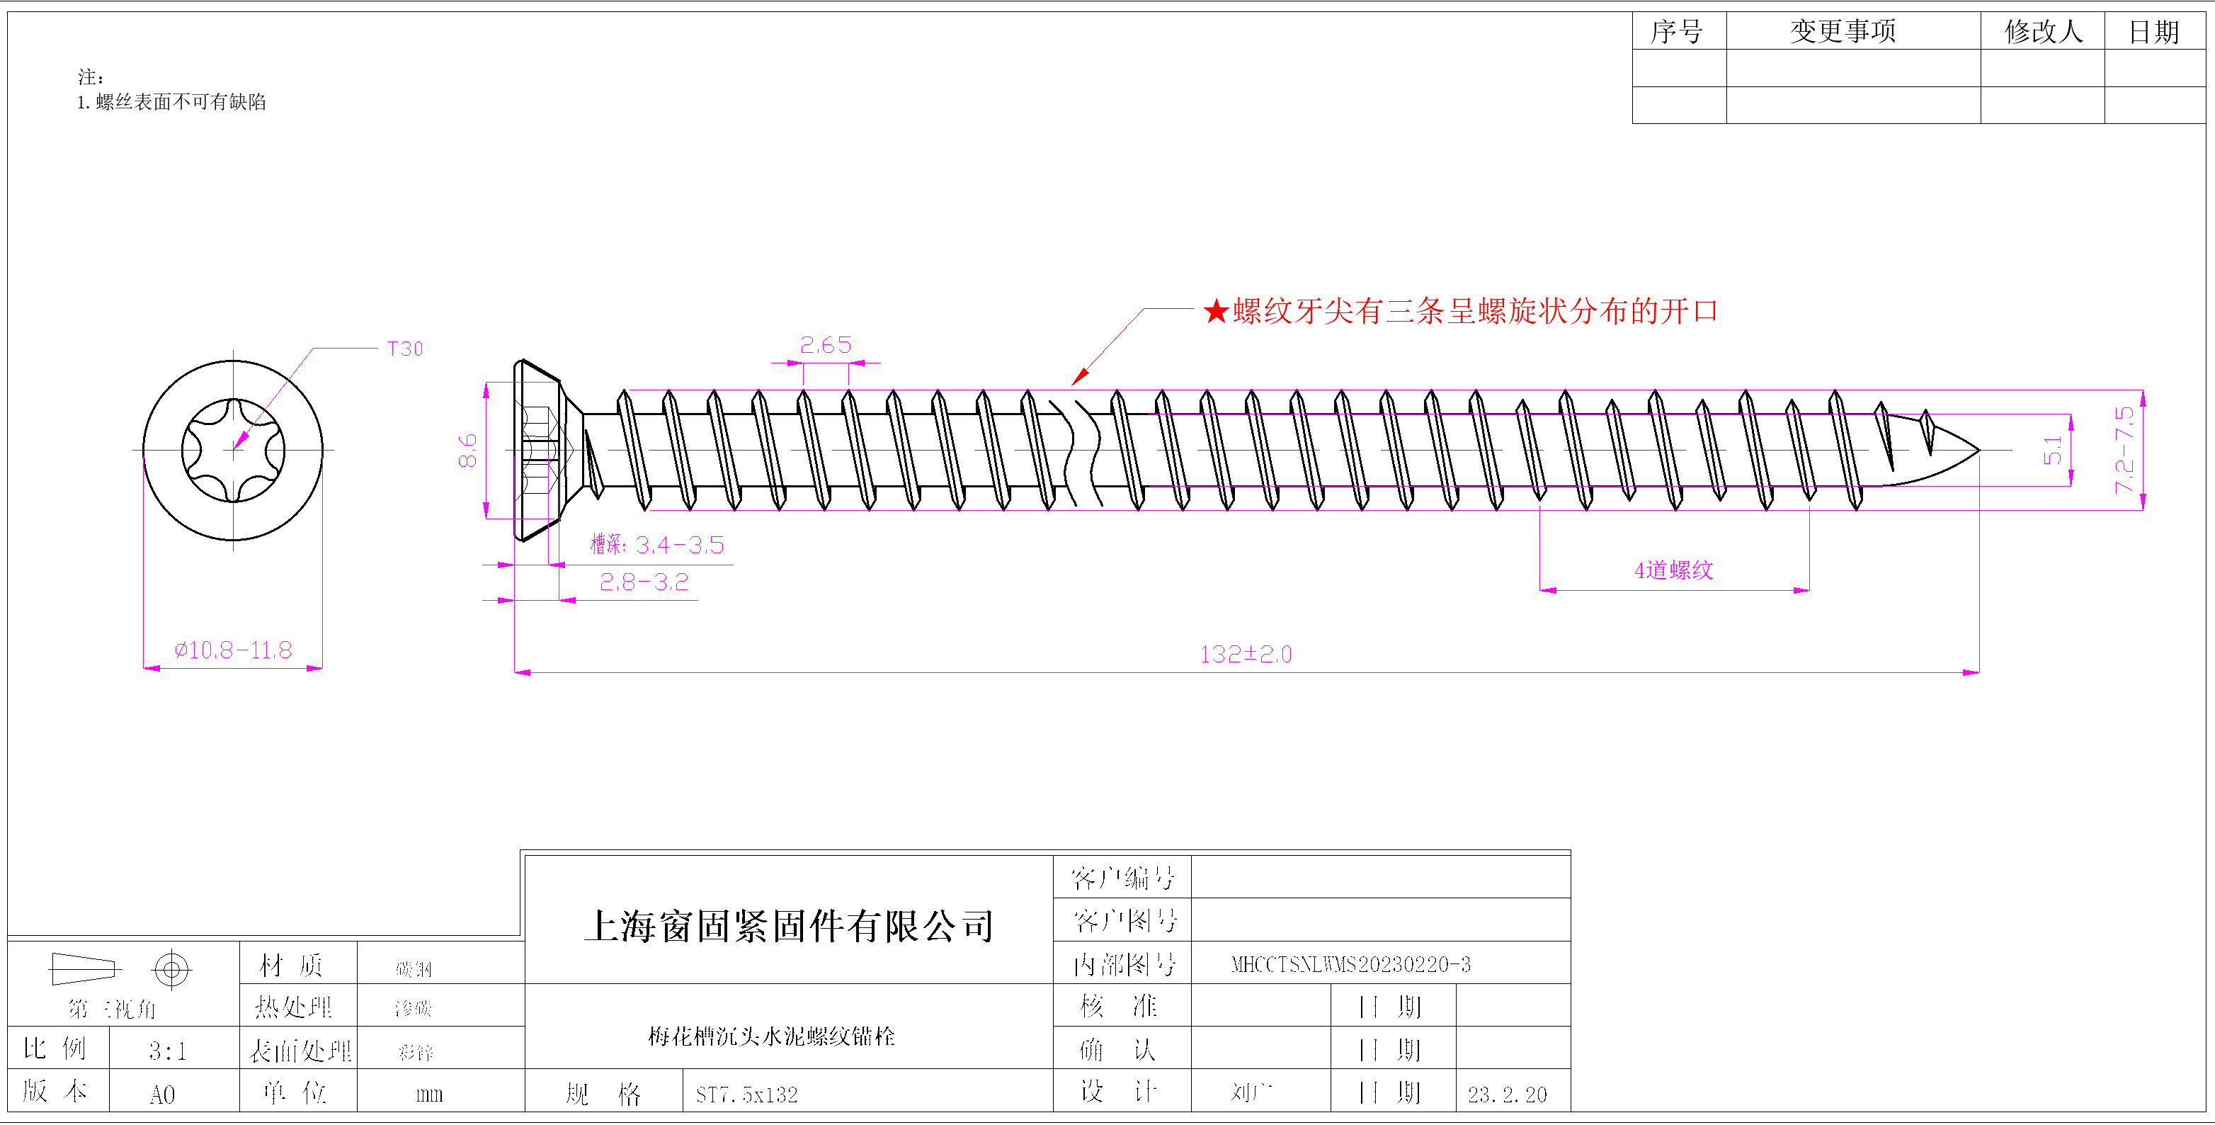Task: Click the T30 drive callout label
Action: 405,349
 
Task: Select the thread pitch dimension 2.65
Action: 826,345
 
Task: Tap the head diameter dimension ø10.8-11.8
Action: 233,650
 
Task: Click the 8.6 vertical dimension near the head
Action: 467,450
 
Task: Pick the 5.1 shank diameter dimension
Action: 2052,450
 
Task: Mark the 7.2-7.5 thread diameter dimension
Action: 2124,450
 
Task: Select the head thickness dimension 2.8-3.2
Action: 644,582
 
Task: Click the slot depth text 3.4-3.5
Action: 679,545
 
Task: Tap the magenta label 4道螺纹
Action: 1673,570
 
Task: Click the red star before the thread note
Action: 1216,311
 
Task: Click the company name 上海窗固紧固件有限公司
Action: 789,927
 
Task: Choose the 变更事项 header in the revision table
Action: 1843,32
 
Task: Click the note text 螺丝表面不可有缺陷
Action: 181,102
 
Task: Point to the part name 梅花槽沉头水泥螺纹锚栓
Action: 771,1036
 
